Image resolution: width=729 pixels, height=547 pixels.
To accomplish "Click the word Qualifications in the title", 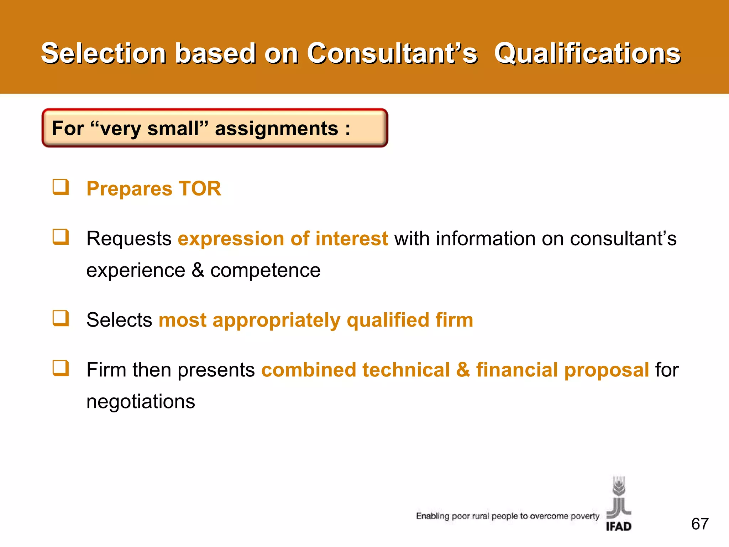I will coord(587,53).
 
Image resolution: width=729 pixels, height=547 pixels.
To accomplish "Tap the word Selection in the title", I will coord(104,53).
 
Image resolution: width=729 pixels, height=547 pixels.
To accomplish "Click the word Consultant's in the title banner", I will coord(392,53).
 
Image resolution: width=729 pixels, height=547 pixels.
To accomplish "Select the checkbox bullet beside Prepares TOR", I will coord(61,187).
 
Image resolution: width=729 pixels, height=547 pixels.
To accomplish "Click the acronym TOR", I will coord(200,188).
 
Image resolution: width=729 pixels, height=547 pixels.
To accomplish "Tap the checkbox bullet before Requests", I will coord(61,237).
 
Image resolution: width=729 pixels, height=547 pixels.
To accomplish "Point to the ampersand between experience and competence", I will coord(198,270).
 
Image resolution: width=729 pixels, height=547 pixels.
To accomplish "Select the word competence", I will coord(265,270).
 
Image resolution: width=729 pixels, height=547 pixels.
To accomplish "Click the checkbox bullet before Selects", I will coord(61,318).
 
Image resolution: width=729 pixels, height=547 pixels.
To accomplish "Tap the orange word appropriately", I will coord(276,320).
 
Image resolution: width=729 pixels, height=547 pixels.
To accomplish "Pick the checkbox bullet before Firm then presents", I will coord(61,368).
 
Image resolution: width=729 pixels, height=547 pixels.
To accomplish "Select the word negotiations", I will coord(141,402).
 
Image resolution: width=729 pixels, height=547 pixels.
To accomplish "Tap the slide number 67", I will coord(700,524).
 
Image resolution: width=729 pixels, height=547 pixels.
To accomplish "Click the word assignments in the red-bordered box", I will coord(277,129).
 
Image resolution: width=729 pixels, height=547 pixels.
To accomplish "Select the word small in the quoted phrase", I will coord(173,129).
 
